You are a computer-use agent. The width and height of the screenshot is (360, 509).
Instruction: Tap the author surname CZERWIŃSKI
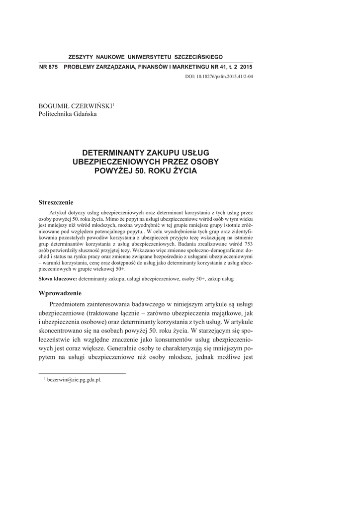click(x=94, y=106)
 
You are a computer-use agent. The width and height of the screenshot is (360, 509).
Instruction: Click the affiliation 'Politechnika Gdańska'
click(x=68, y=114)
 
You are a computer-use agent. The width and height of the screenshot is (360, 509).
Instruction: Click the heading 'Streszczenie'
click(x=56, y=202)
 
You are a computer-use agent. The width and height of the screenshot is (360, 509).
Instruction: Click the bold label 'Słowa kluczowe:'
click(x=57, y=279)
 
